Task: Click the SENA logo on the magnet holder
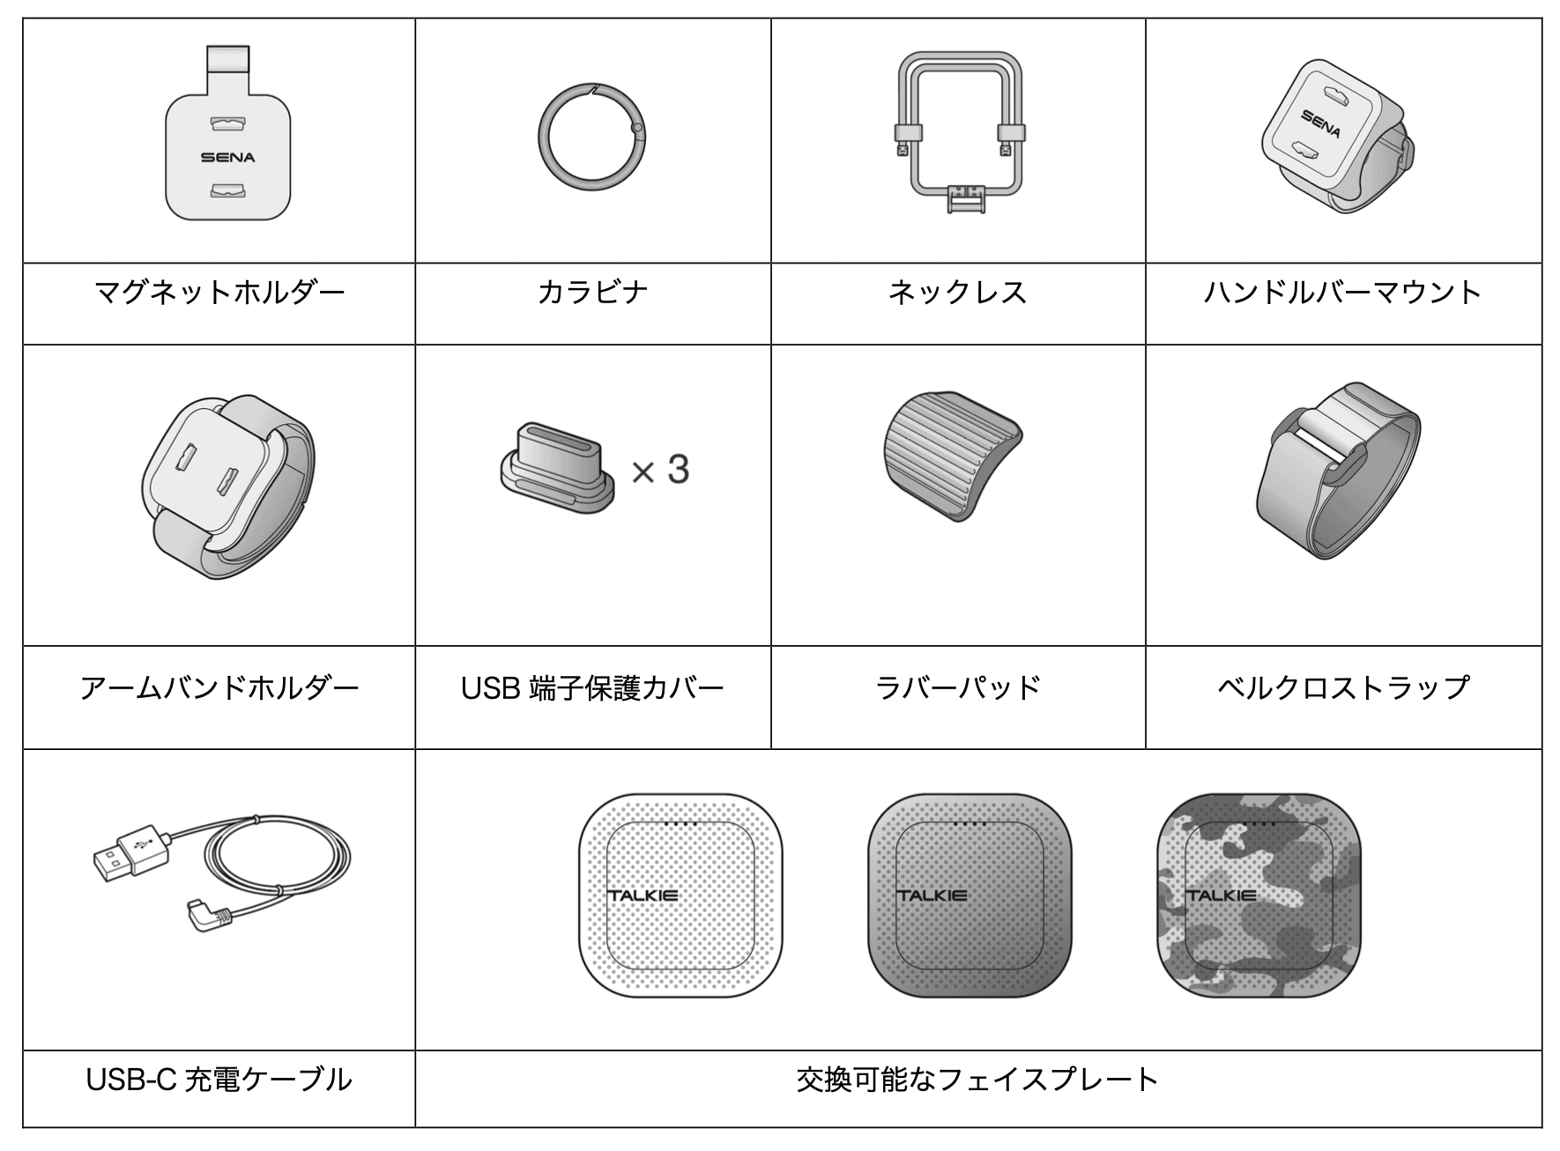click(x=227, y=158)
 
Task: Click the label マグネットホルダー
click(x=219, y=292)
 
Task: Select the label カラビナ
click(x=592, y=292)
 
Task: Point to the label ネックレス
click(x=958, y=292)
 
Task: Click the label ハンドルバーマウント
click(x=1342, y=292)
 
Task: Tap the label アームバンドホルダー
click(x=219, y=687)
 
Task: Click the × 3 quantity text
click(x=660, y=470)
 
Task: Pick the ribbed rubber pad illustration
click(x=952, y=456)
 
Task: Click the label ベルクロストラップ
click(x=1343, y=687)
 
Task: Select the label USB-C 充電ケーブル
click(x=219, y=1079)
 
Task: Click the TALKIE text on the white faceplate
click(x=643, y=895)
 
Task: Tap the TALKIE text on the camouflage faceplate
click(x=1221, y=895)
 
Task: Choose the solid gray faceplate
click(x=969, y=895)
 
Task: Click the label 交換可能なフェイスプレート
click(x=977, y=1079)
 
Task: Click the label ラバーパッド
click(x=958, y=687)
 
